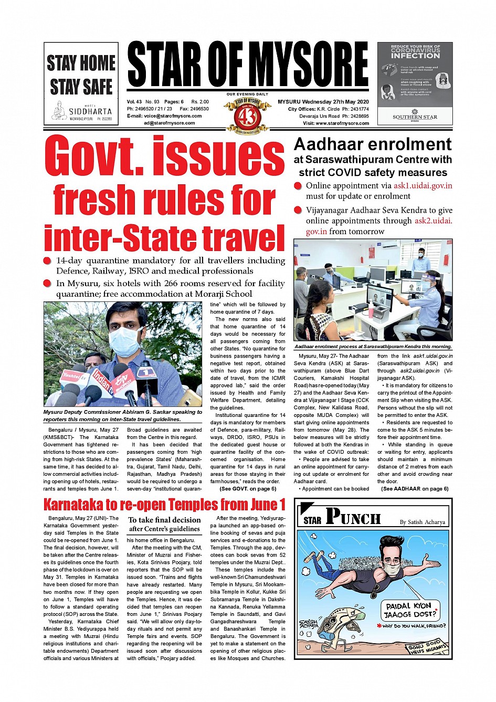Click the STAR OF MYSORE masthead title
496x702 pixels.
tap(247, 65)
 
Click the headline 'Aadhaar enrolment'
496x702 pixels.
tap(373, 144)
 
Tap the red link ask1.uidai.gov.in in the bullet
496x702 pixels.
tap(423, 185)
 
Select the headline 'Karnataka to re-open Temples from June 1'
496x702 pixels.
tap(164, 505)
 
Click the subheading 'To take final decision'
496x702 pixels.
tap(165, 520)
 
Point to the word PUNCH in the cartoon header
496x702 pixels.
tap(353, 518)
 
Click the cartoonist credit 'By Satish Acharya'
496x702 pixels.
tap(422, 522)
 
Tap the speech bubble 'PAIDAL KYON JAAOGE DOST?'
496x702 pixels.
tap(410, 610)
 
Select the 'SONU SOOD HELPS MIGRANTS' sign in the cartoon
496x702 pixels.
tap(427, 647)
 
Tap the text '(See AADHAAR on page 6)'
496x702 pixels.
tap(415, 489)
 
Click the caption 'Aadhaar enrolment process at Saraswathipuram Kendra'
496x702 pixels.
tap(373, 347)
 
